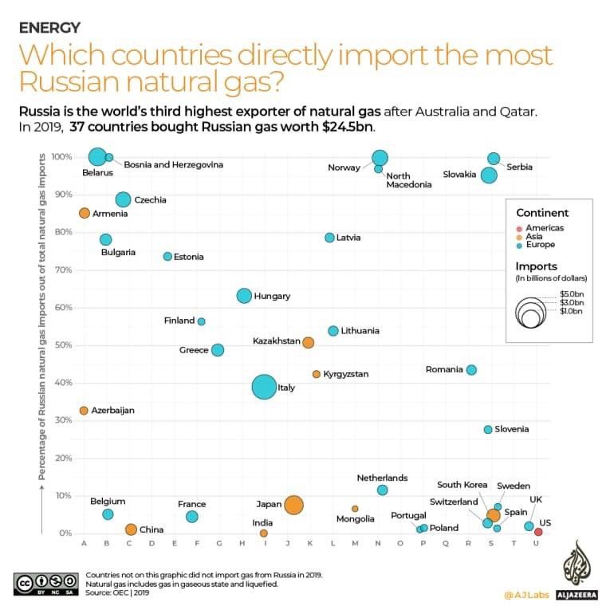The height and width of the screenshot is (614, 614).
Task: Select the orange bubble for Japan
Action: (x=293, y=505)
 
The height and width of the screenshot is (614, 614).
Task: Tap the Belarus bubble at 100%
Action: (x=97, y=156)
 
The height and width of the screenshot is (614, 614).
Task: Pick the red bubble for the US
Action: (x=538, y=532)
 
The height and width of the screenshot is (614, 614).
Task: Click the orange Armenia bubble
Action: (x=85, y=213)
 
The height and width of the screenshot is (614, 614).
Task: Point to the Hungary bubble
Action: (x=244, y=296)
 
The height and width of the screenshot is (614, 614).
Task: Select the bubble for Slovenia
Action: (x=488, y=429)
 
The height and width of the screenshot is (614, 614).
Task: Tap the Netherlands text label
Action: (x=382, y=478)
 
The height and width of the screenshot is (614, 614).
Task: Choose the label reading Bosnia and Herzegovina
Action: (x=173, y=164)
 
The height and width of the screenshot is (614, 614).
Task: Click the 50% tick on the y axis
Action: (x=63, y=345)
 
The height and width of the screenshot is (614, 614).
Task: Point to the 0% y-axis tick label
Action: (x=65, y=533)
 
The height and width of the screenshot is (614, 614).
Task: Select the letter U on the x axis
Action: (x=537, y=544)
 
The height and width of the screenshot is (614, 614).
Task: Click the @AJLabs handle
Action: (x=524, y=594)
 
